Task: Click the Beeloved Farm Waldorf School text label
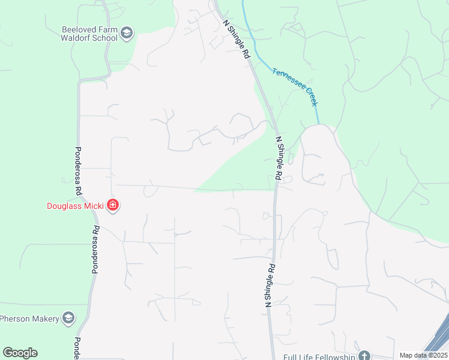tap(89, 34)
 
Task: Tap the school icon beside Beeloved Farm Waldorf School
tap(127, 33)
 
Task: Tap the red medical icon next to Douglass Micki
tap(112, 206)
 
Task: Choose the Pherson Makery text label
tap(29, 318)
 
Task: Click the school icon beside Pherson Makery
tap(68, 318)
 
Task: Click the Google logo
tap(20, 353)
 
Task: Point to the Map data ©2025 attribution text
tap(423, 355)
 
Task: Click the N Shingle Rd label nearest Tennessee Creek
tap(236, 38)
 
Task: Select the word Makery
tap(44, 318)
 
